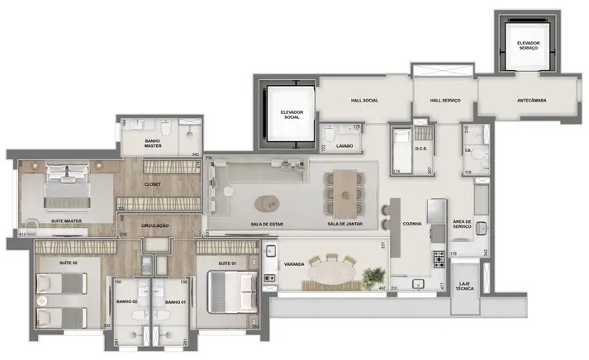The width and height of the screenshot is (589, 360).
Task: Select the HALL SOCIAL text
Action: coord(364,100)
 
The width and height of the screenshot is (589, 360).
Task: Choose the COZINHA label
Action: coord(411,224)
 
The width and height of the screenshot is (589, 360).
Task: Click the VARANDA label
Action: coord(295,264)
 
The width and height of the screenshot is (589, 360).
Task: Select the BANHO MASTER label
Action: coord(152,143)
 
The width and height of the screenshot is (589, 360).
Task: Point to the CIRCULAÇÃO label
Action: coord(155,225)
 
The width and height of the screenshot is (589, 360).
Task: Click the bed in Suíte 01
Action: coord(230,289)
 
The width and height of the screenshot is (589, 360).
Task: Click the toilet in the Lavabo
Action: coord(330,135)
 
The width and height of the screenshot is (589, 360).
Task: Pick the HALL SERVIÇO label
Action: coord(444,100)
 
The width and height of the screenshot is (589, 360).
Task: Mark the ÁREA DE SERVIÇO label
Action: coord(462,225)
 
